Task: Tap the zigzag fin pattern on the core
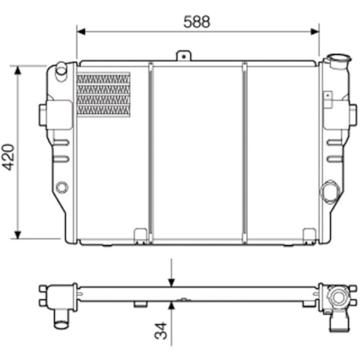point(104,94)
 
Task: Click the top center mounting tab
point(183,57)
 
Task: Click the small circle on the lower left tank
point(61,188)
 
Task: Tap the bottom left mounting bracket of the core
point(140,231)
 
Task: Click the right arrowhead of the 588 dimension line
point(316,31)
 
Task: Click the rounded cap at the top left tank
point(61,69)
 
